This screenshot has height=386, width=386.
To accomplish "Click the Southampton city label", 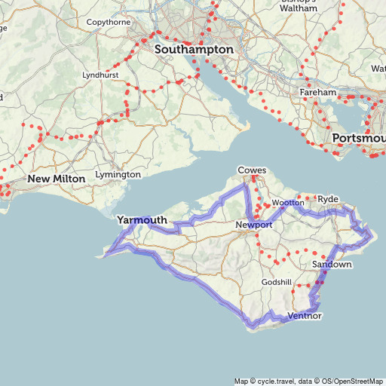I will click(x=194, y=49).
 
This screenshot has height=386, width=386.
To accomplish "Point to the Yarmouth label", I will click(x=142, y=220).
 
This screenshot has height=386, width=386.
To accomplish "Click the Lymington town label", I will click(x=118, y=174).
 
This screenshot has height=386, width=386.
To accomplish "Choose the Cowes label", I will click(x=252, y=170).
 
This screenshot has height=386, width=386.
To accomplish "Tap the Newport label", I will click(x=253, y=225).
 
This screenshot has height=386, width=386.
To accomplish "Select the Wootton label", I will click(x=288, y=203).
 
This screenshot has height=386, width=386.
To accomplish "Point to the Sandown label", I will click(x=332, y=265).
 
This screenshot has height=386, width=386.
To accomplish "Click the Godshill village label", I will click(x=277, y=282).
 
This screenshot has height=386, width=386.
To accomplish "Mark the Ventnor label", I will click(x=305, y=315).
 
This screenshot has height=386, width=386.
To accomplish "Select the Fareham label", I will click(x=318, y=92).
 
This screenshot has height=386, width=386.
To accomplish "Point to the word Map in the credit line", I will click(x=240, y=381).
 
